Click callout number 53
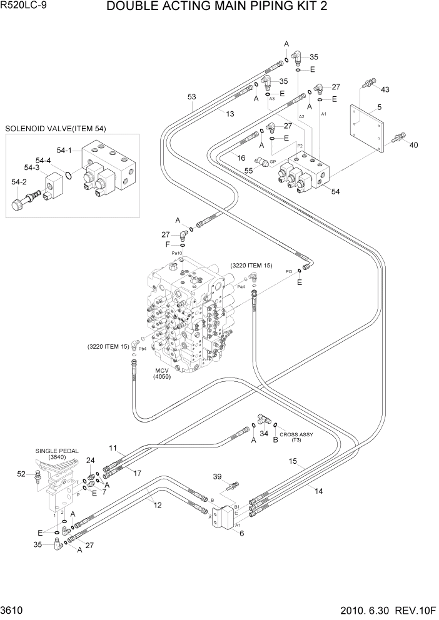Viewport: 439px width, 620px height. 192,96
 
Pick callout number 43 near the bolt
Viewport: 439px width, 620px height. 385,89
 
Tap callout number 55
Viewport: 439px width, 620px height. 249,169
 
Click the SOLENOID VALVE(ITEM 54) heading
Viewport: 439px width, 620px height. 56,129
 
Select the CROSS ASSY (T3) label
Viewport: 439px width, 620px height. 296,437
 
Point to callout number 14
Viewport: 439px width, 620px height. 318,491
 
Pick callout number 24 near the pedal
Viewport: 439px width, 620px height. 91,461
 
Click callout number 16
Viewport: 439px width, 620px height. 241,159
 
